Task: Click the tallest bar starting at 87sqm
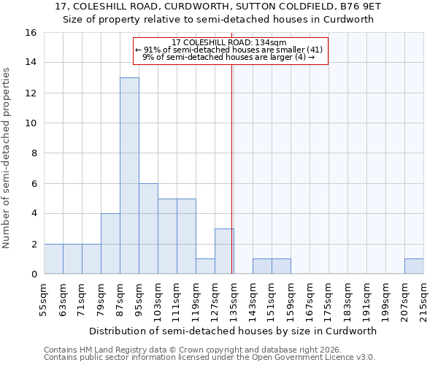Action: [x=129, y=175]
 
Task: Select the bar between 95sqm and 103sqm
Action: [x=148, y=228]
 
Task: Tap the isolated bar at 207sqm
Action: [x=414, y=266]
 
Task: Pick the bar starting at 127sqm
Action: [x=224, y=251]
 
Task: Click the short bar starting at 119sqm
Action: [x=205, y=266]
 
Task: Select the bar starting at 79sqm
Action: [x=110, y=244]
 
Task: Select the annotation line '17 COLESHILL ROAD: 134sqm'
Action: [x=230, y=43]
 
